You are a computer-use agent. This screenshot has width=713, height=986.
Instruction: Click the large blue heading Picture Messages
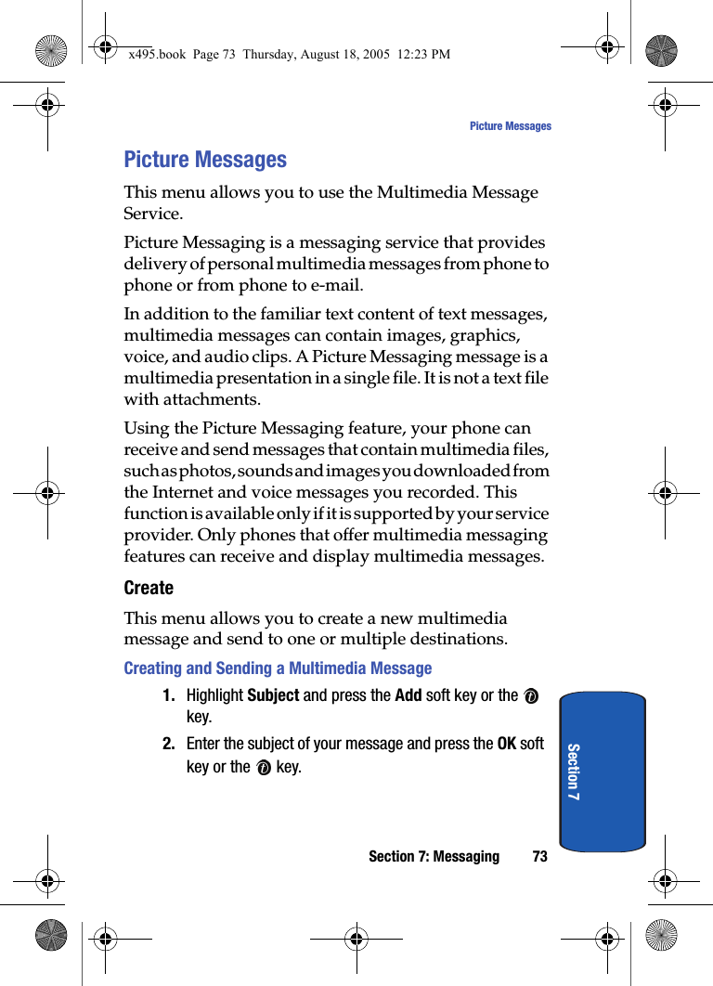point(205,160)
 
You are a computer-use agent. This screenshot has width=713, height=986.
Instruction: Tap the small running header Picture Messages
point(510,126)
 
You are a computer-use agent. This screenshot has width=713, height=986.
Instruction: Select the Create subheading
point(149,588)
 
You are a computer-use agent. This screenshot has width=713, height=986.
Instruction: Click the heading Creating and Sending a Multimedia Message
point(278,668)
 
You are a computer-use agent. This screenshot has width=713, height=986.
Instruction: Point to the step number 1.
point(169,695)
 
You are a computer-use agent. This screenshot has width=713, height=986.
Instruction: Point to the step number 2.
point(169,744)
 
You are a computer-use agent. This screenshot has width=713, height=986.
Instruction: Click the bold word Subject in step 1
point(273,695)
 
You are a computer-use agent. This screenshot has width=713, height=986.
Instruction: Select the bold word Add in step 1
point(408,695)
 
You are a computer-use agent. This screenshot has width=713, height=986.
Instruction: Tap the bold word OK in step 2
point(507,744)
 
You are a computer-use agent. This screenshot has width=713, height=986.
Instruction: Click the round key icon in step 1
point(532,696)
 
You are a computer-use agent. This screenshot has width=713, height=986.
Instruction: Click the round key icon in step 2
point(264,768)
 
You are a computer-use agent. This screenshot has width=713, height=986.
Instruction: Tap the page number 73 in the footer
point(539,856)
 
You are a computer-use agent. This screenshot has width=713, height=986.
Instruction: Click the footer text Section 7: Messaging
point(434,856)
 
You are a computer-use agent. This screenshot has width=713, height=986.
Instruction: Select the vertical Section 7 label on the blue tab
point(573,772)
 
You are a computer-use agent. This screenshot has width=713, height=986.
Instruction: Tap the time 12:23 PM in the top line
point(423,54)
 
